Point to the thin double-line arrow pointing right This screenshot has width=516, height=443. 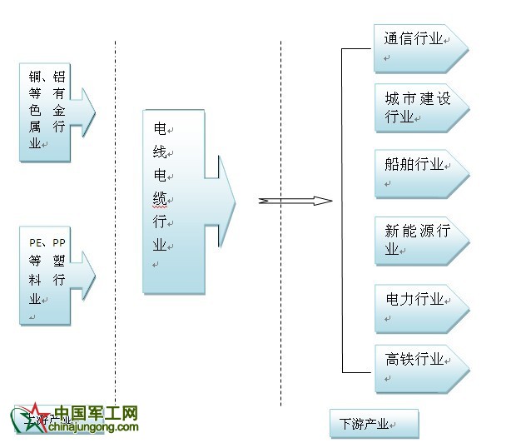[295, 201]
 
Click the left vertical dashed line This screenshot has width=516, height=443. [115, 208]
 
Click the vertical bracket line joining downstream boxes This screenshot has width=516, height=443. [342, 208]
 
